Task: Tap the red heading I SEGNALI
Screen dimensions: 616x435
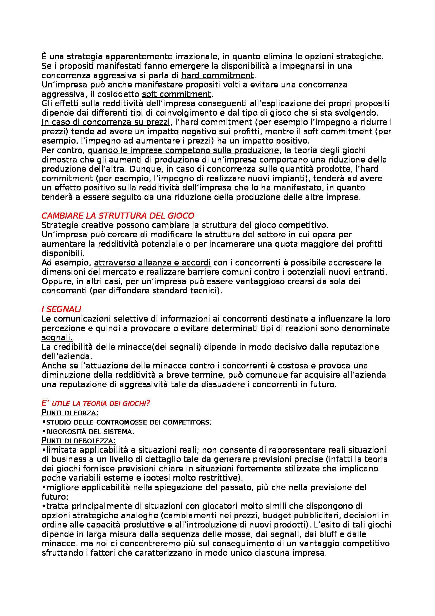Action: point(61,309)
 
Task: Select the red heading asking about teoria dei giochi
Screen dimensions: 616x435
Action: point(96,403)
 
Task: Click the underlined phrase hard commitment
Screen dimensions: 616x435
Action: point(217,75)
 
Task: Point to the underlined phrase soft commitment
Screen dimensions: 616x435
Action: point(176,94)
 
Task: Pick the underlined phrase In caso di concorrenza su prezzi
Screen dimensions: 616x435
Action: point(106,122)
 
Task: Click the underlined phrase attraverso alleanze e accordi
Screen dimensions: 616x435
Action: point(152,262)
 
